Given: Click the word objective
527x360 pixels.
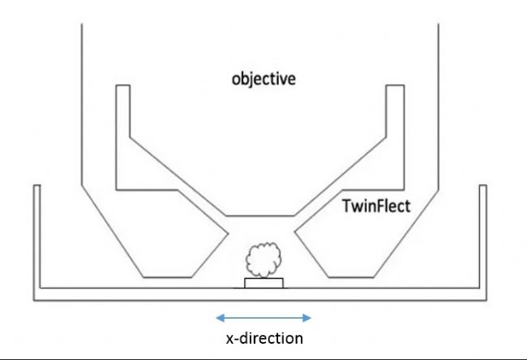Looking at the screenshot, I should [263, 80].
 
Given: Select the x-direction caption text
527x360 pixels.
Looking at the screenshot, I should [263, 337].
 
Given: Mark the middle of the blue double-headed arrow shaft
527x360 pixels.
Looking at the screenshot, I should [263, 317].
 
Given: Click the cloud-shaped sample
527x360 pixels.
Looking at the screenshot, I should [263, 260].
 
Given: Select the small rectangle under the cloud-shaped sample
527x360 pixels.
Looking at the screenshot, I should [263, 283].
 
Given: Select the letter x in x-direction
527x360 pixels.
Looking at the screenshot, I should [229, 338].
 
